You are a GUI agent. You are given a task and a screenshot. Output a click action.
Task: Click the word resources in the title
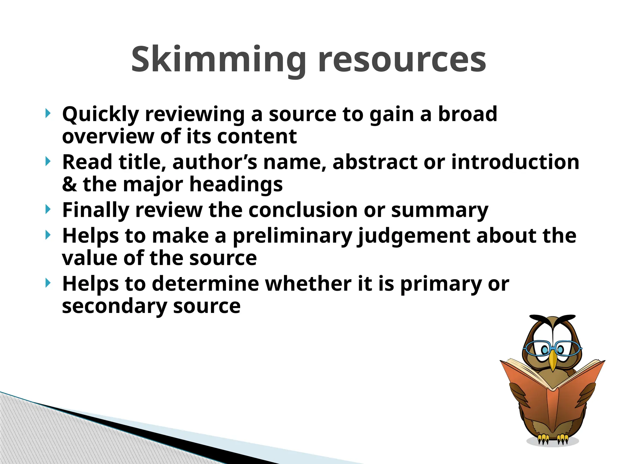pyautogui.click(x=402, y=60)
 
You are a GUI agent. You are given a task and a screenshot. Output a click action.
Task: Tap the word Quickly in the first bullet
pyautogui.click(x=100, y=114)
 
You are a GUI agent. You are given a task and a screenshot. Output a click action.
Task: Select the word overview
pyautogui.click(x=108, y=136)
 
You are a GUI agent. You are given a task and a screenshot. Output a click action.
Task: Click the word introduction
pyautogui.click(x=515, y=162)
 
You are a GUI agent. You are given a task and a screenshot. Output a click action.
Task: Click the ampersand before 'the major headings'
pyautogui.click(x=69, y=184)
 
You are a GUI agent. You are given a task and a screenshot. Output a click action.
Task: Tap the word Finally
pyautogui.click(x=95, y=210)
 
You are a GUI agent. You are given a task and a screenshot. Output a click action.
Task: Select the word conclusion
pyautogui.click(x=303, y=210)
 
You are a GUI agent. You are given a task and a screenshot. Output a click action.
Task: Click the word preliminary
pyautogui.click(x=292, y=236)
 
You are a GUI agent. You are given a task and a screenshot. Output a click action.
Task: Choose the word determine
pyautogui.click(x=205, y=284)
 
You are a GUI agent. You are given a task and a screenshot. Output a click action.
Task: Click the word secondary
pyautogui.click(x=114, y=306)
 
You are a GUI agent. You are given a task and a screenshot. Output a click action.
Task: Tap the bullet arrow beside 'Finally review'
pyautogui.click(x=48, y=209)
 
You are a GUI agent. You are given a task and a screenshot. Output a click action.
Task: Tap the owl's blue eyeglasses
pyautogui.click(x=552, y=348)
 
